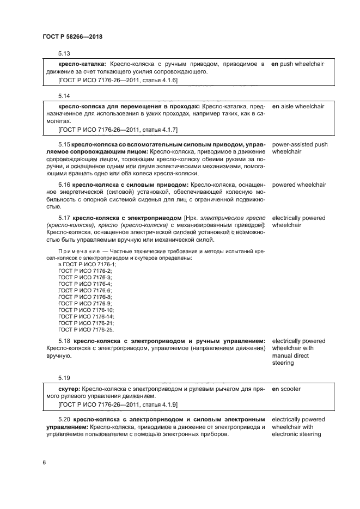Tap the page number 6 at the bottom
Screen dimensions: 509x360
pos(44,462)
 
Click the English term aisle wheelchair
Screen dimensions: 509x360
pos(302,106)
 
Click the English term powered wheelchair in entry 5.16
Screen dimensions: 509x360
pos(299,185)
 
